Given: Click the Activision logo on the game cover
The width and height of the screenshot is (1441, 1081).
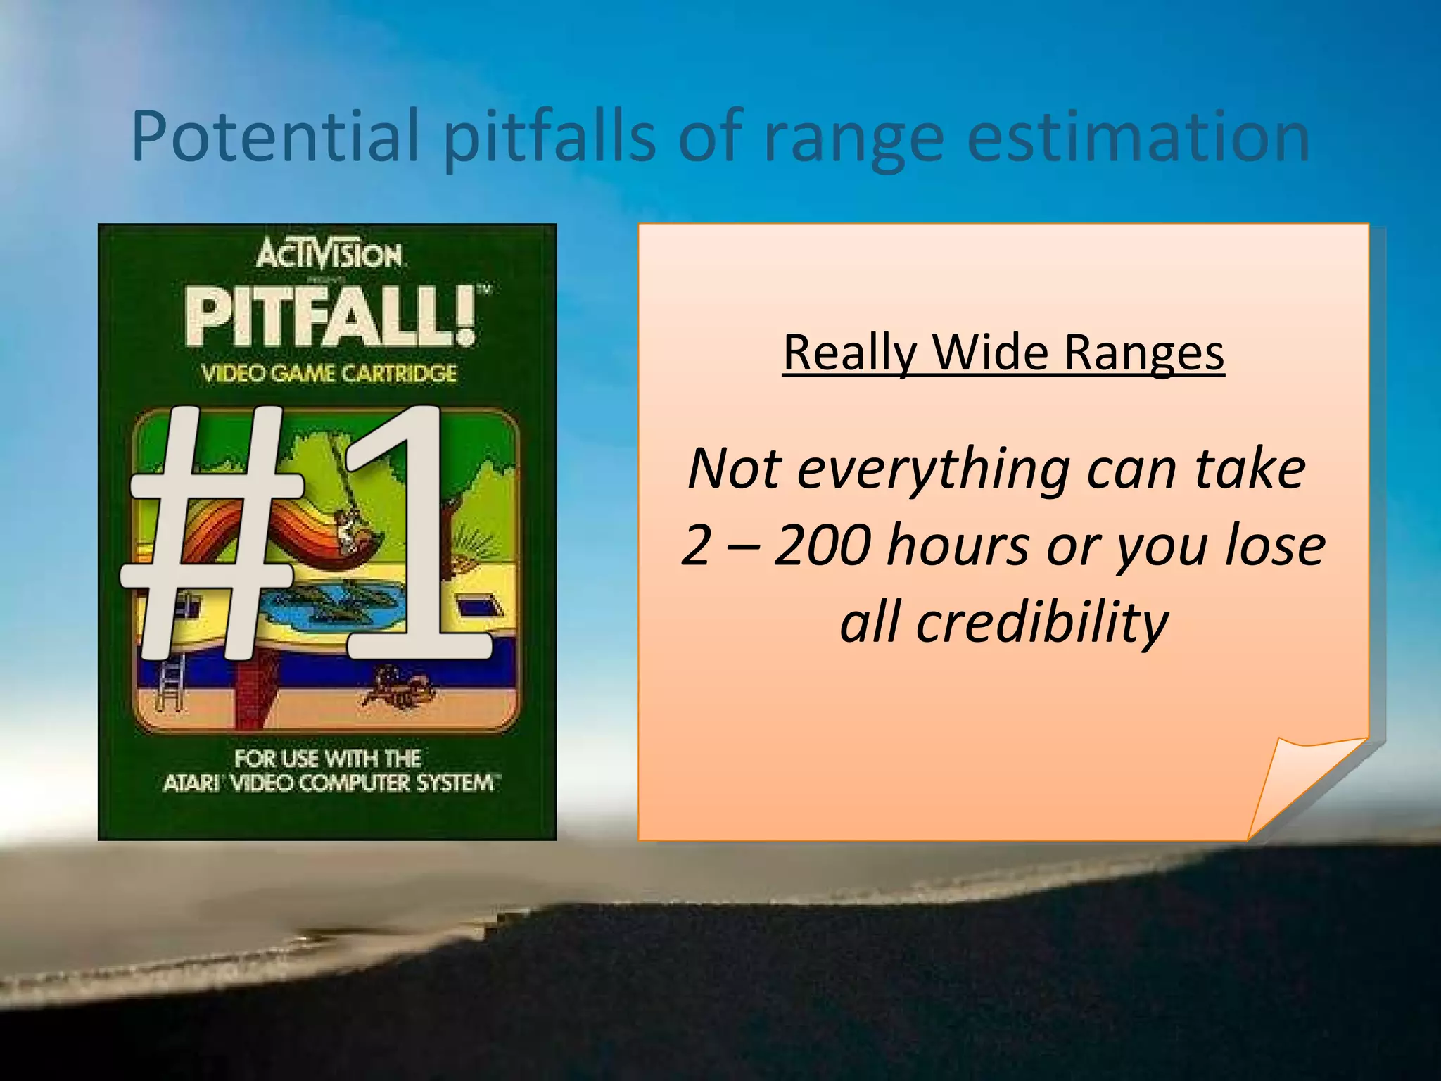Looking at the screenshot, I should click(329, 255).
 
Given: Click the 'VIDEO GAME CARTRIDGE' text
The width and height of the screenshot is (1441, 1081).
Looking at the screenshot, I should click(329, 373).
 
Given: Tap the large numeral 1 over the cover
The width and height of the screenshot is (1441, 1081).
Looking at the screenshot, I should click(415, 535).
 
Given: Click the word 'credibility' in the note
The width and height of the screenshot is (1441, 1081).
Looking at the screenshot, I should click(1041, 623).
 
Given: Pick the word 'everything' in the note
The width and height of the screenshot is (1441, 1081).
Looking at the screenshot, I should click(933, 469).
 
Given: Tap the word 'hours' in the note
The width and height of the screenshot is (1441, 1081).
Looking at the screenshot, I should click(958, 545).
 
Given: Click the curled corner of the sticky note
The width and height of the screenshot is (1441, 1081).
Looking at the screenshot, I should click(1302, 781).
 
